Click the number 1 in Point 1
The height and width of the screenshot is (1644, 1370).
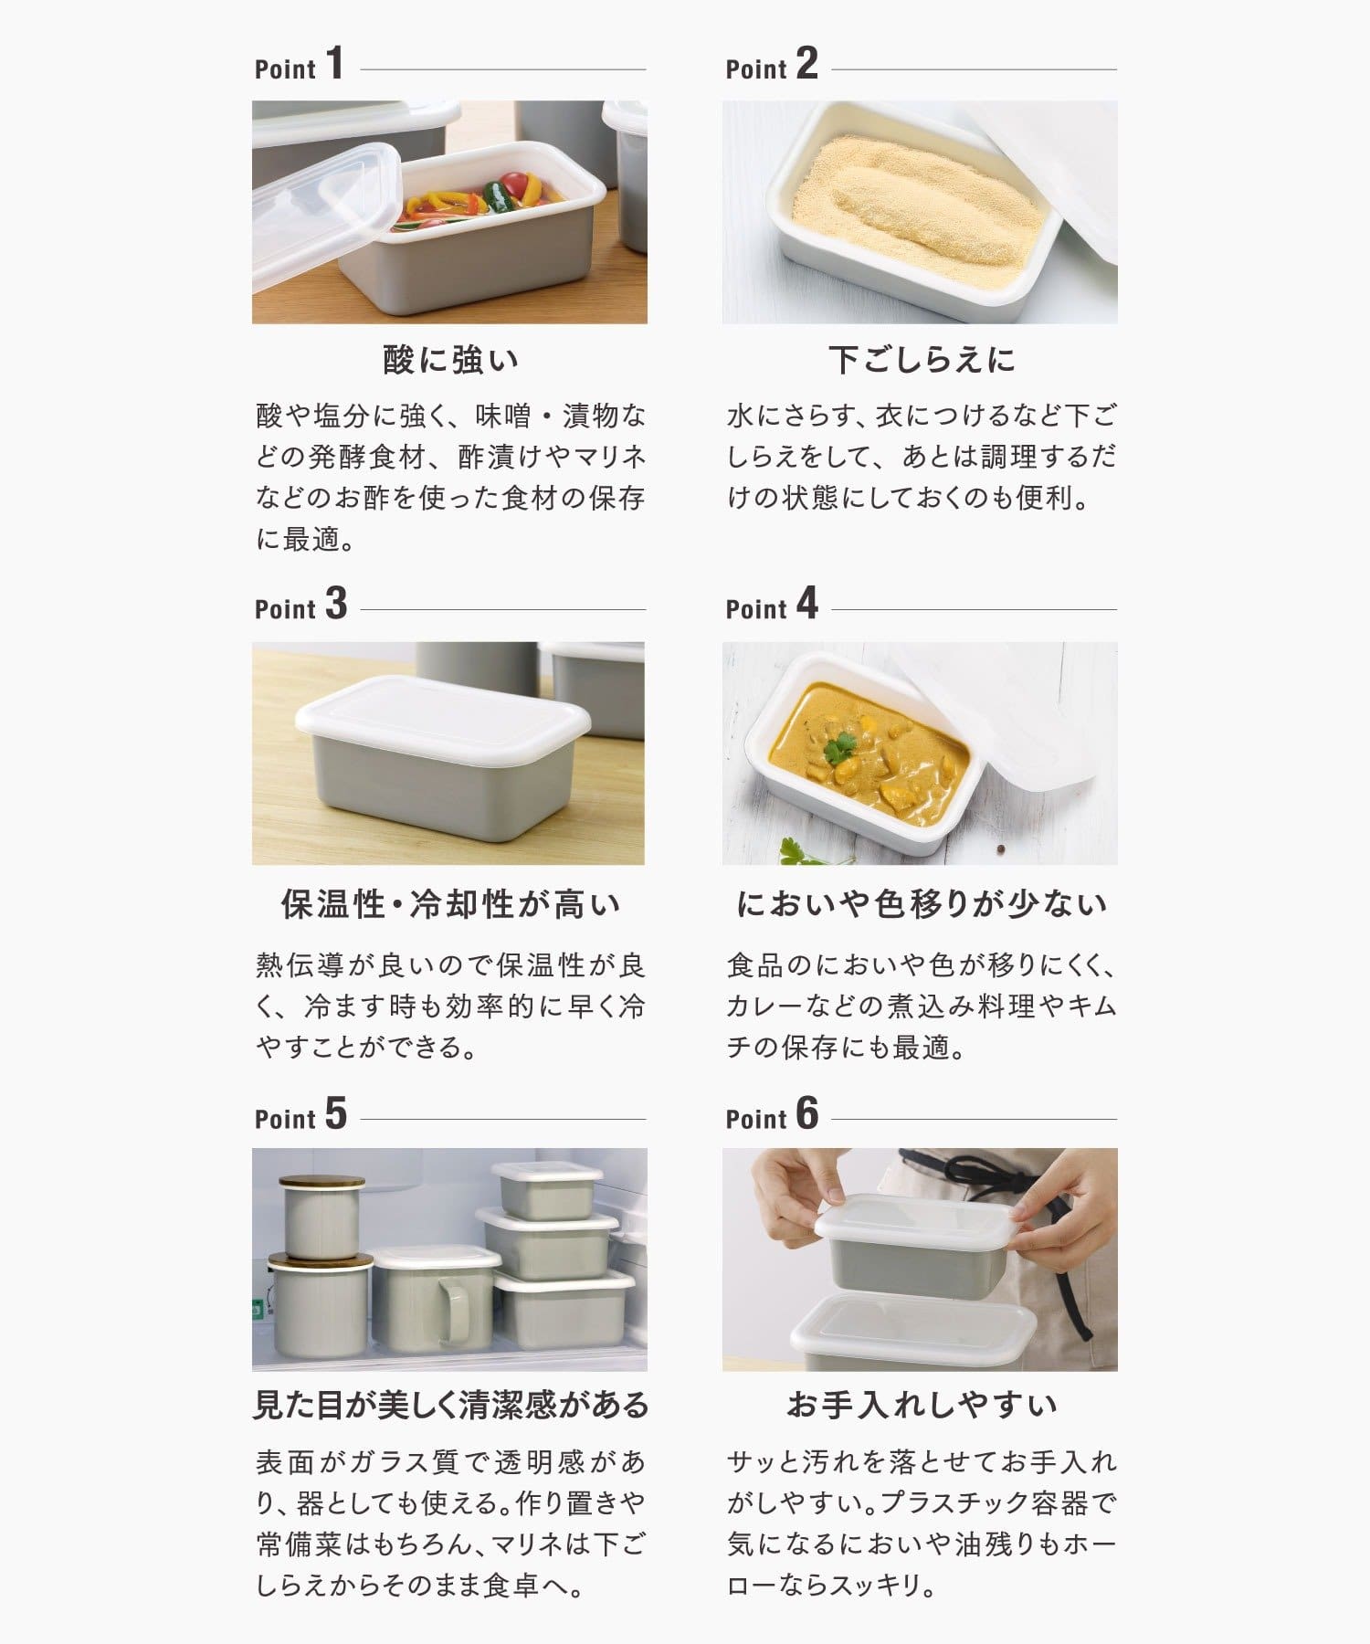pyautogui.click(x=335, y=63)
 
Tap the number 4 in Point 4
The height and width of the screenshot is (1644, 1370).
pyautogui.click(x=807, y=604)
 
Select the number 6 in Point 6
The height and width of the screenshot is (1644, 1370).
pyautogui.click(x=807, y=1113)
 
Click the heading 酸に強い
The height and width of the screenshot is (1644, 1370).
pyautogui.click(x=450, y=360)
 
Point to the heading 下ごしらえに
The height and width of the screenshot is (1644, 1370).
pyautogui.click(x=922, y=360)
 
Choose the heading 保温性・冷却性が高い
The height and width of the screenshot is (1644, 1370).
pyautogui.click(x=450, y=904)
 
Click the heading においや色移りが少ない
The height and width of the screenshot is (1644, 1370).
pyautogui.click(x=922, y=904)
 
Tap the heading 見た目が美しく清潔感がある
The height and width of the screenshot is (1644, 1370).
pyautogui.click(x=450, y=1405)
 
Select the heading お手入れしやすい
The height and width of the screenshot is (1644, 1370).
pyautogui.click(x=922, y=1405)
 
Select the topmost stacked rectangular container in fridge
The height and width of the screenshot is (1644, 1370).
pyautogui.click(x=546, y=1189)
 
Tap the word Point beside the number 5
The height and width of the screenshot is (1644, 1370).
pyautogui.click(x=285, y=1119)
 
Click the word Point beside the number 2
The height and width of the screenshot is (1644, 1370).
pyautogui.click(x=756, y=68)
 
